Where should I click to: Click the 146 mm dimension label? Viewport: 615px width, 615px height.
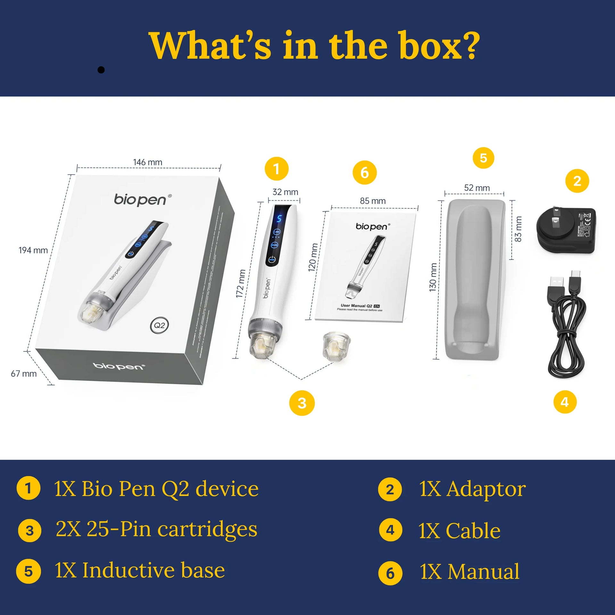148,162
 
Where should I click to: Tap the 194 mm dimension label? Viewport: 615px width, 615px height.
33,250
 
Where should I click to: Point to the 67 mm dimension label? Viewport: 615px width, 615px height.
24,373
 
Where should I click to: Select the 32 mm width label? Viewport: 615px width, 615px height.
285,192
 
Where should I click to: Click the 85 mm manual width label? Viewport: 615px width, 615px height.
373,201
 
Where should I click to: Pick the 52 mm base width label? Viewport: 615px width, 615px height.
477,188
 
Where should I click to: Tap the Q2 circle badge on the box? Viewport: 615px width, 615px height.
159,325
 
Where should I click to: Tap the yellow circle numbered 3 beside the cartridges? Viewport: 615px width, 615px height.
302,403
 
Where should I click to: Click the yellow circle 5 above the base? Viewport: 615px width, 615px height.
483,158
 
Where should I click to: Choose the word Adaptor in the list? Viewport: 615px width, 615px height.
486,489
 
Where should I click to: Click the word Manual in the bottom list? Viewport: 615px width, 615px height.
483,572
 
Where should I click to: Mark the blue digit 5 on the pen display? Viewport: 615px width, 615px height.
279,218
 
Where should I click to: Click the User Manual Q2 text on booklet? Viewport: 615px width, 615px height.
356,306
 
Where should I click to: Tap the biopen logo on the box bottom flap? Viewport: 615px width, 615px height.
119,366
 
